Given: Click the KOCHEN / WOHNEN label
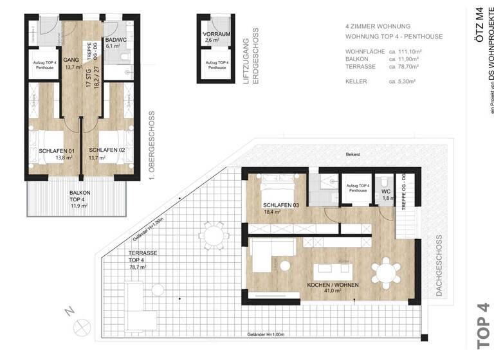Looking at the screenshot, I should tap(333, 285).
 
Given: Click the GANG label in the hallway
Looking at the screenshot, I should tap(71, 60).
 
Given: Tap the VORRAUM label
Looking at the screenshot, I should tap(216, 33).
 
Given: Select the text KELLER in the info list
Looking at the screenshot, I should tap(356, 82).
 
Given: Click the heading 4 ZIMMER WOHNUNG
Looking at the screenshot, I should tap(378, 27).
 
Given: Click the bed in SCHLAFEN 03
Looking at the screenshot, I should tap(277, 188).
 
